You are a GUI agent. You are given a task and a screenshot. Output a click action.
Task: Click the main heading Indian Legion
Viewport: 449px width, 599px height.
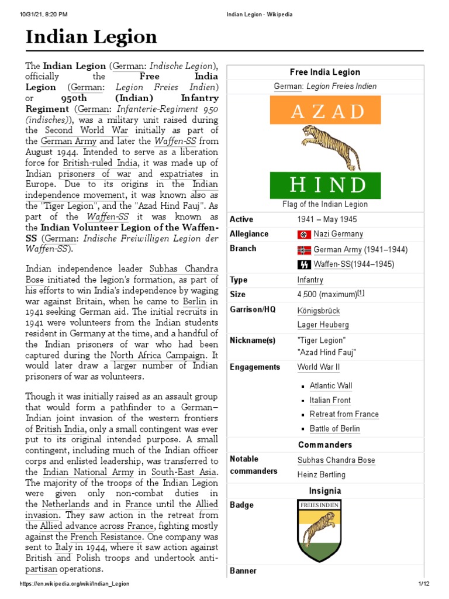[91, 37]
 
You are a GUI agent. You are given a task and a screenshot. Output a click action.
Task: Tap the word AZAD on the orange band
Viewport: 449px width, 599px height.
[325, 111]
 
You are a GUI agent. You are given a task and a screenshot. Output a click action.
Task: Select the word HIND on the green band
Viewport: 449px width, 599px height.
[325, 185]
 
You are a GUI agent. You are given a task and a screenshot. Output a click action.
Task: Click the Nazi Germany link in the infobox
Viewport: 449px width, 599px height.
[338, 234]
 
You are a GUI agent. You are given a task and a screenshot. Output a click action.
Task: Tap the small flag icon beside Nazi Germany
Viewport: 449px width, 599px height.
[303, 235]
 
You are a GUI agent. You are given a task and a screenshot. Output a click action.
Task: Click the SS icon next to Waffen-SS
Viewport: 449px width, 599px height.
[303, 264]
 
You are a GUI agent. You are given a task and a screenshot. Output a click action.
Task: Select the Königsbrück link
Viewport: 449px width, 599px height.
[318, 311]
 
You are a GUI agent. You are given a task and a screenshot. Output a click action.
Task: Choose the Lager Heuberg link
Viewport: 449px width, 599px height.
[323, 325]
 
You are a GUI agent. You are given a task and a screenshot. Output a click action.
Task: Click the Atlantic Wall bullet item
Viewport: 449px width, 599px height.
[330, 386]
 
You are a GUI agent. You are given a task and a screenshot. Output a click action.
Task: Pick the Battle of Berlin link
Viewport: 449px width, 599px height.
[334, 429]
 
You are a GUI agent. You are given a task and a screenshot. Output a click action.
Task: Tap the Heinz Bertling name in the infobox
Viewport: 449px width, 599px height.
[321, 474]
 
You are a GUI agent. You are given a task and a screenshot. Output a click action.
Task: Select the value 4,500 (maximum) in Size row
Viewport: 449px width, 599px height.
[327, 294]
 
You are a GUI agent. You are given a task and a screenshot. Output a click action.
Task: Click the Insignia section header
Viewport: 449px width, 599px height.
[324, 491]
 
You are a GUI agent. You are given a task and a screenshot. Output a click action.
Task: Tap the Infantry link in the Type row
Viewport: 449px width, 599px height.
[310, 280]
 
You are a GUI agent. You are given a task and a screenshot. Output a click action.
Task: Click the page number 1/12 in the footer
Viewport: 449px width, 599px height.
[423, 584]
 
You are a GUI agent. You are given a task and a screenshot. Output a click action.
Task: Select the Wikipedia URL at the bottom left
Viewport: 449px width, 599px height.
[74, 584]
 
